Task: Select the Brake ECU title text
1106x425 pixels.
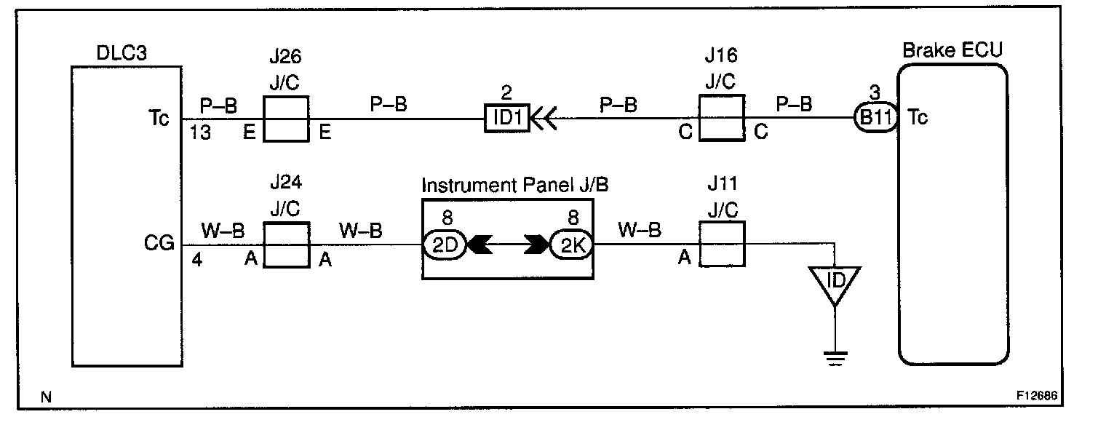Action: click(952, 51)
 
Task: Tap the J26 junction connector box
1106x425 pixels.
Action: click(285, 119)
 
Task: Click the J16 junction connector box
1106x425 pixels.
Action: click(721, 118)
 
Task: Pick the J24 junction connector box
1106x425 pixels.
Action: click(285, 245)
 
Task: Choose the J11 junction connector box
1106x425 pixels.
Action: click(721, 245)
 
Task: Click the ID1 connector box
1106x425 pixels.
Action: click(508, 118)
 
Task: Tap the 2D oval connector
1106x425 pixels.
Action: click(443, 245)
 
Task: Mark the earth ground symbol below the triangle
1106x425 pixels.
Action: click(835, 357)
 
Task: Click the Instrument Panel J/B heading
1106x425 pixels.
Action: click(515, 185)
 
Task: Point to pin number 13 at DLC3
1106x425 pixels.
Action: click(202, 133)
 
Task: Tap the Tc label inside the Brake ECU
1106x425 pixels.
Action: click(918, 119)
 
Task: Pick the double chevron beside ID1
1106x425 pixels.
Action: click(544, 118)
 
